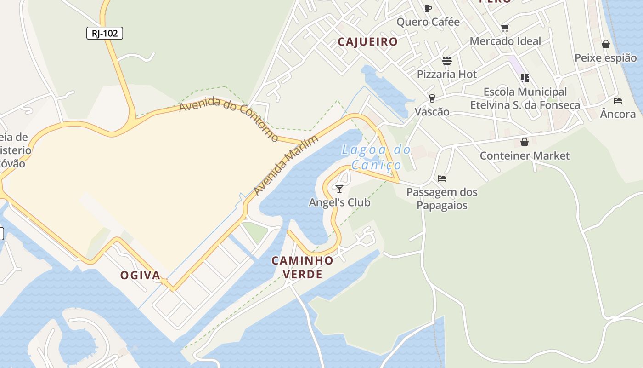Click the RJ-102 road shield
tap(105, 33)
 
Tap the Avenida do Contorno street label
tap(228, 119)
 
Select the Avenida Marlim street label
tap(286, 165)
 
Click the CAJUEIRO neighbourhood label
tap(367, 42)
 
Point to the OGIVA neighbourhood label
tap(140, 276)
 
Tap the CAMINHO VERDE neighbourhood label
tap(302, 267)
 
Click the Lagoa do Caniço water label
tap(376, 157)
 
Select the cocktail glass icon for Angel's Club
tap(339, 189)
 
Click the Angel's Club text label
tap(339, 202)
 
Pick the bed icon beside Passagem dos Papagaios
tap(442, 178)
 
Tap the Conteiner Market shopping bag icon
tap(525, 142)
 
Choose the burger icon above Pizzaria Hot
tap(446, 61)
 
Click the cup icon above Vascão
tap(432, 98)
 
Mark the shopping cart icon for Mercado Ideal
tap(505, 28)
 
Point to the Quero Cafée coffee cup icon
tap(428, 8)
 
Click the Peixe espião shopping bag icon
tap(606, 44)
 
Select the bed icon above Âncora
tap(618, 100)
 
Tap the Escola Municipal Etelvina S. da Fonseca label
tap(525, 98)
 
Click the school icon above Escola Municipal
tap(525, 78)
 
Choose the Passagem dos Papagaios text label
tap(442, 199)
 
